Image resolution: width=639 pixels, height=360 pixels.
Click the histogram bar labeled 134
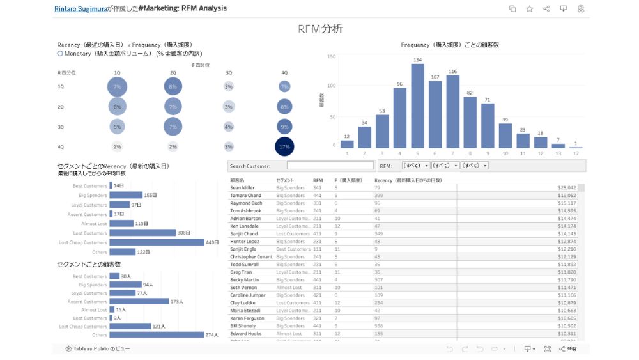(x=417, y=106)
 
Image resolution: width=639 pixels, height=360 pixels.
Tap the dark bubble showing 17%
(x=284, y=146)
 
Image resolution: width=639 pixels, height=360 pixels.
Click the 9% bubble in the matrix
(x=284, y=127)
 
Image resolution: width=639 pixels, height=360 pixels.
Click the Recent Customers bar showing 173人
(x=139, y=301)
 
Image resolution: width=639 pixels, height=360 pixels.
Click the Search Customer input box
(x=330, y=166)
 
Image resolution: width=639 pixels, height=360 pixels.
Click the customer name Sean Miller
(x=242, y=188)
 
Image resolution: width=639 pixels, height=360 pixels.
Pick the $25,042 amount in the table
(x=566, y=188)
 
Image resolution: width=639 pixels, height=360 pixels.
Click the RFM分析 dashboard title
(x=320, y=29)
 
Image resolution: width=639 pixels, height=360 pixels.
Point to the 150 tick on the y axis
(x=331, y=56)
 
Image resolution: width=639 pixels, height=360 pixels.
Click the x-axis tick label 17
(x=576, y=153)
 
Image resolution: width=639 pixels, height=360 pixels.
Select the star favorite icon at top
(x=529, y=8)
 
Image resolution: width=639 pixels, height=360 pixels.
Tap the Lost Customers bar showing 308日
(x=142, y=233)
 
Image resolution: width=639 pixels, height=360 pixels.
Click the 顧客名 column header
(x=238, y=180)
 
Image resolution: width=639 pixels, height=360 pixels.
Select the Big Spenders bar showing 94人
(x=125, y=285)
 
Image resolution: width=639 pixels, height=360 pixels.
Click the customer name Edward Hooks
(x=245, y=334)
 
